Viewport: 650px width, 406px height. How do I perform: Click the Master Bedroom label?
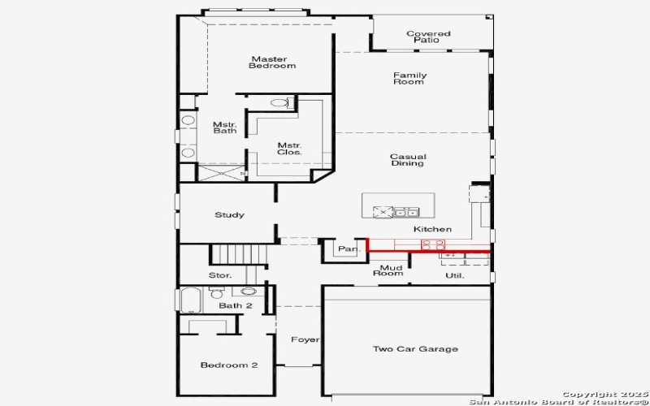point(273,63)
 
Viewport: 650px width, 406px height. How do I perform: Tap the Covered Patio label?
point(428,37)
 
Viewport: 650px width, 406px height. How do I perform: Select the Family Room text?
point(409,79)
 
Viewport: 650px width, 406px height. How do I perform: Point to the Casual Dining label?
point(407,160)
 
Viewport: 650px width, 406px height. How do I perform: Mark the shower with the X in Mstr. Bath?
point(222,172)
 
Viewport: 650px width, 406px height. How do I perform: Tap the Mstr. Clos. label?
point(289,148)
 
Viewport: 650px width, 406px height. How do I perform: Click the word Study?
point(229,215)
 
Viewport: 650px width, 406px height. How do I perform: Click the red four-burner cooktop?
point(432,244)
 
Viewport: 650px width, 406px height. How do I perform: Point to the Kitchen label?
point(432,229)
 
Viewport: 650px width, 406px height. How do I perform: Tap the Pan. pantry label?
point(348,249)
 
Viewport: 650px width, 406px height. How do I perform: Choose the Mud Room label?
point(388,270)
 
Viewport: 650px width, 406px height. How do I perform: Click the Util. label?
point(453,276)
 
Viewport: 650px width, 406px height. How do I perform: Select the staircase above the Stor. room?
point(239,253)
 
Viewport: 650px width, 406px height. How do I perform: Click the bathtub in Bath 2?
point(192,300)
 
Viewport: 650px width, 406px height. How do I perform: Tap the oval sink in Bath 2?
point(249,291)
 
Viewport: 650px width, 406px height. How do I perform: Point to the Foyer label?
point(305,339)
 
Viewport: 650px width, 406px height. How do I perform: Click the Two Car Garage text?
point(414,349)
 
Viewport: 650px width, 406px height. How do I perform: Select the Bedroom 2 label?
point(229,365)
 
